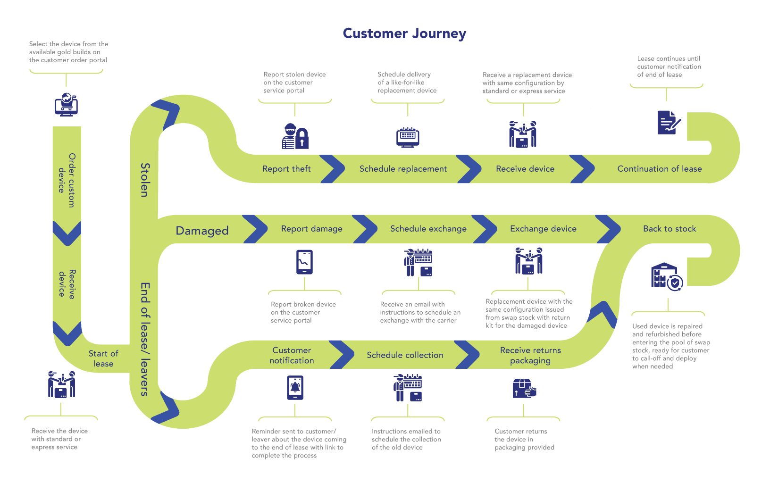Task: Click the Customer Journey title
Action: pyautogui.click(x=404, y=33)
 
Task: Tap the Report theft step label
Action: pyautogui.click(x=286, y=169)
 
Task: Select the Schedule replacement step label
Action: pyautogui.click(x=403, y=169)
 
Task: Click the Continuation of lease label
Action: pyautogui.click(x=659, y=169)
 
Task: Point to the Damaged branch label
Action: pyautogui.click(x=202, y=231)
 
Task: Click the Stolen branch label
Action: pyautogui.click(x=145, y=180)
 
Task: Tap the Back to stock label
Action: pyautogui.click(x=670, y=228)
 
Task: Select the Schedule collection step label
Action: pyautogui.click(x=405, y=355)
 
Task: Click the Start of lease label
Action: pyautogui.click(x=103, y=358)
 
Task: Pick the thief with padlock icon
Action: pyautogui.click(x=295, y=136)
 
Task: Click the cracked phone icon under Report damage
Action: pyautogui.click(x=305, y=262)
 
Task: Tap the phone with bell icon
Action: pyautogui.click(x=295, y=388)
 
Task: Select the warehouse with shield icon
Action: pyautogui.click(x=667, y=276)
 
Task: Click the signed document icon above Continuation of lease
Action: pyautogui.click(x=669, y=122)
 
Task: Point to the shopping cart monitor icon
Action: pyautogui.click(x=67, y=104)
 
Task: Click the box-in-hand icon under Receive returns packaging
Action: pyautogui.click(x=524, y=388)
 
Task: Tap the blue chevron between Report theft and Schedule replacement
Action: pyautogui.click(x=332, y=169)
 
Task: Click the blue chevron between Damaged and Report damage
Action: pyautogui.click(x=255, y=229)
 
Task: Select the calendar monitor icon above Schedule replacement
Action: pyautogui.click(x=407, y=137)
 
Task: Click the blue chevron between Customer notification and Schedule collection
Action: pyautogui.click(x=341, y=355)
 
